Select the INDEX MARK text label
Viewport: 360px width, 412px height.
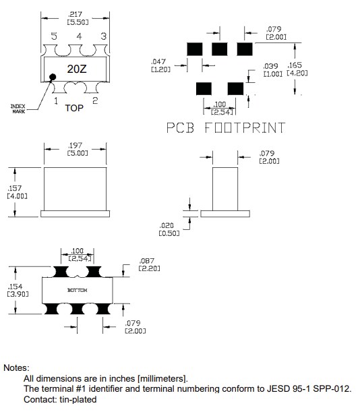click(x=18, y=109)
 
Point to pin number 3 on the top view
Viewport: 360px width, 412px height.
click(x=103, y=36)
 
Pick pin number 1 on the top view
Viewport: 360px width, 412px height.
click(x=56, y=100)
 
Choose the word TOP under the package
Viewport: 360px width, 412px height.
click(x=74, y=107)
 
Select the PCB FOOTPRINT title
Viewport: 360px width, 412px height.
click(x=225, y=127)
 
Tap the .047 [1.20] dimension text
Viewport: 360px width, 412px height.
click(x=160, y=65)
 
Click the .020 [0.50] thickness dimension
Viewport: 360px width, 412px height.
click(x=169, y=229)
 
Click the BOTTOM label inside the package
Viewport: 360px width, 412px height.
click(x=76, y=291)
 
